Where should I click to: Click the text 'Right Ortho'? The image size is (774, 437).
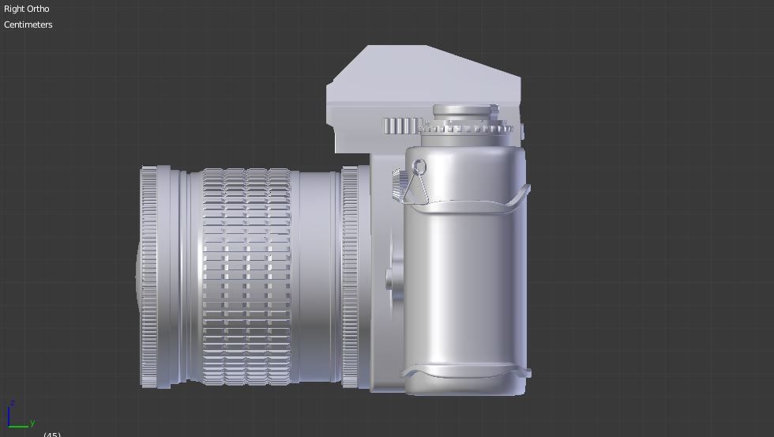[x=26, y=9]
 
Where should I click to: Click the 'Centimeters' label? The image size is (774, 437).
[x=28, y=24]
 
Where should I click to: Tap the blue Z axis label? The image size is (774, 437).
[x=12, y=404]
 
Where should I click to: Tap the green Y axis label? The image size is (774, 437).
[x=32, y=424]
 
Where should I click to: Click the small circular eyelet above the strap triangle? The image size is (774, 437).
[x=419, y=167]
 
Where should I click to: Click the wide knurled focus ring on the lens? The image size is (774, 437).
[x=246, y=277]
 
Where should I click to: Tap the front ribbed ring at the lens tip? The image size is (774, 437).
[x=149, y=277]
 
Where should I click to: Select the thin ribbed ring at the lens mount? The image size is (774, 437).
[x=350, y=277]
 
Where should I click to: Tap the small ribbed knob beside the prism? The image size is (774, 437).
[x=400, y=126]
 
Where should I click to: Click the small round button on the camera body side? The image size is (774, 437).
[x=389, y=277]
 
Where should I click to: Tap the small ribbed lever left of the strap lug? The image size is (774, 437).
[x=396, y=184]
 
